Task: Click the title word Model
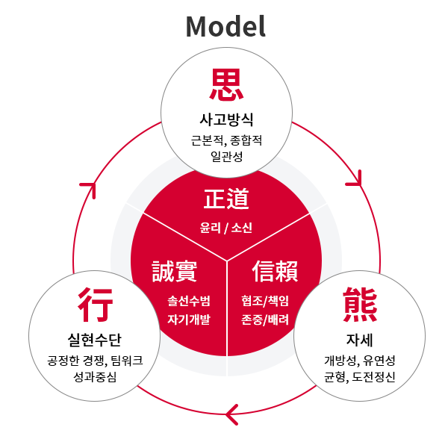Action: (x=225, y=27)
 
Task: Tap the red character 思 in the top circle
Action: (x=226, y=85)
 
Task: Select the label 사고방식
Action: (x=226, y=119)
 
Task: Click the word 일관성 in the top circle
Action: (x=226, y=156)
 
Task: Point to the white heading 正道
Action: (x=226, y=199)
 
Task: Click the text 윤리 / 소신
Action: (x=226, y=228)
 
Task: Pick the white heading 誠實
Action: (x=174, y=271)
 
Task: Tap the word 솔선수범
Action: (x=189, y=301)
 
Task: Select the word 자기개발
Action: (x=189, y=320)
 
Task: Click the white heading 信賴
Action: (x=275, y=271)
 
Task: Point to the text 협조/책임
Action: (x=265, y=301)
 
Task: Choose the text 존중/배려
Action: (x=265, y=320)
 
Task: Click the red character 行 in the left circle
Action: (x=95, y=305)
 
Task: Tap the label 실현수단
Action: (x=95, y=340)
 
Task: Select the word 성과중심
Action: (x=95, y=377)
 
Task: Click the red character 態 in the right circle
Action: (x=360, y=305)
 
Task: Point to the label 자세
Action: (x=359, y=340)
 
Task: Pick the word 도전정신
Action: (x=373, y=377)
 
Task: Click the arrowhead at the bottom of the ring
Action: (x=232, y=414)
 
